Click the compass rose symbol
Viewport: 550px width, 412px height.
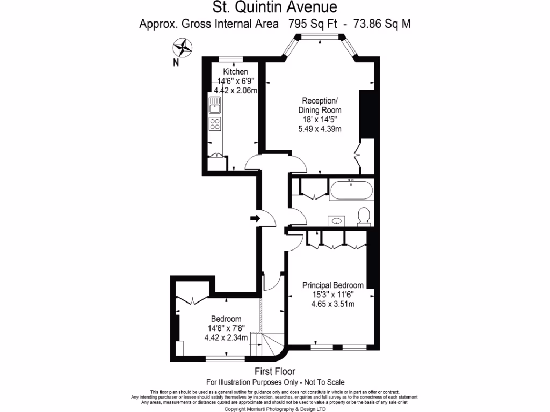coord(183,48)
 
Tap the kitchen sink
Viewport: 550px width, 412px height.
coord(215,105)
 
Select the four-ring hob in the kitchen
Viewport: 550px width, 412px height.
coord(215,124)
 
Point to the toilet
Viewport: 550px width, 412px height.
coord(364,216)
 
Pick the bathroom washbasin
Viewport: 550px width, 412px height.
coord(337,221)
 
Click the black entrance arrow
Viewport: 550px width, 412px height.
coord(255,219)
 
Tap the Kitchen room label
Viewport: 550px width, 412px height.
coord(235,71)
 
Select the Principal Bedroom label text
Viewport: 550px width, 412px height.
coord(333,285)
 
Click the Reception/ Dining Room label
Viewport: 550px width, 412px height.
coord(320,106)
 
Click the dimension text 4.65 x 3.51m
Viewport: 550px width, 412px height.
coord(333,304)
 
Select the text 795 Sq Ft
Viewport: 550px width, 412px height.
coord(313,24)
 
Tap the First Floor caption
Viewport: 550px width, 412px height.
coord(275,371)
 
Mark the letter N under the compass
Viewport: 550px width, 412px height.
coord(176,63)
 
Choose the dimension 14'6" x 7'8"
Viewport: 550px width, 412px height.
coord(226,328)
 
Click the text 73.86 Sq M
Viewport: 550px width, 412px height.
coord(382,24)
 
